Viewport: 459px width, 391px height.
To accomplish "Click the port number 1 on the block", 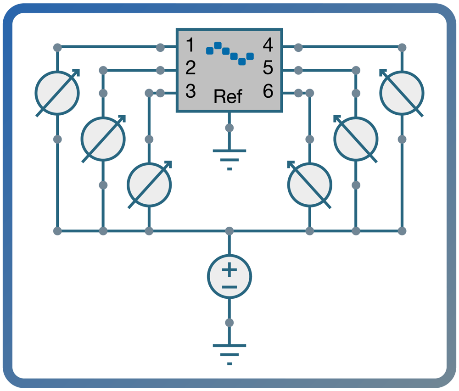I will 190,46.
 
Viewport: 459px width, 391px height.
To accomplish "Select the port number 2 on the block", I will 190,68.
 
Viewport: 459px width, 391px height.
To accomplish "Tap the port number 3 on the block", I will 190,91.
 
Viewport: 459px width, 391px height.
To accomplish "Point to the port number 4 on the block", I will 268,46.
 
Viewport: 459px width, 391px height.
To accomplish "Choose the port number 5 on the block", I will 268,68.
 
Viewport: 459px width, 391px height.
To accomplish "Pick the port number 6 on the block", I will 268,91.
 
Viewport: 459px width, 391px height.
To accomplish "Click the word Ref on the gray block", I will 228,97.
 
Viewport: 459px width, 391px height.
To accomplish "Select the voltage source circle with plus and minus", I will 229,277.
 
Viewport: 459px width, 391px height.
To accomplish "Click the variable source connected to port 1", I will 57,93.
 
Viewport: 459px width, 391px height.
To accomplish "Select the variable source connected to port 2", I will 103,139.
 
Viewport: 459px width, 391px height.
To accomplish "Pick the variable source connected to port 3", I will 149,184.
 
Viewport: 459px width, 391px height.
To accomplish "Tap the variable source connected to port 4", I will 402,93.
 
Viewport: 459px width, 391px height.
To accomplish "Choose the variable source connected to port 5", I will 356,139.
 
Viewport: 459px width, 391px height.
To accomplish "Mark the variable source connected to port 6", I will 310,184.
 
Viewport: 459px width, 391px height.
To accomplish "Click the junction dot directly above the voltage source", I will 229,231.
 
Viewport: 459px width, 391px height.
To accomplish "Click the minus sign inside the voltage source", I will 229,287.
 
